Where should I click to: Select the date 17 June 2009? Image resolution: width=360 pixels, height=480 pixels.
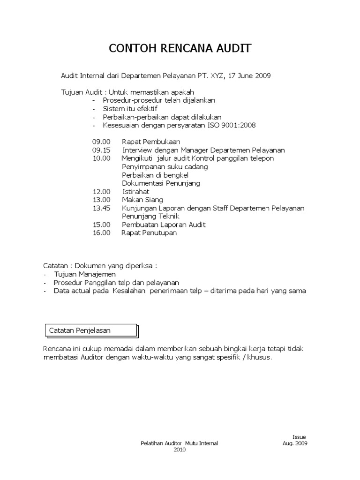pos(249,75)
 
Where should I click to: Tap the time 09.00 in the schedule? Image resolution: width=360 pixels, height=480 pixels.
pos(101,142)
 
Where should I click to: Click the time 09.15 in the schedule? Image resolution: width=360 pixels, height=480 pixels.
pos(101,150)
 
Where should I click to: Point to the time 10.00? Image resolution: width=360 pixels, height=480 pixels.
pos(101,158)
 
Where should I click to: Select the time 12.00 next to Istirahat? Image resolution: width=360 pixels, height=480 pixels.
pos(101,191)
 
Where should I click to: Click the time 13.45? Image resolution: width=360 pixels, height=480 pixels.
pos(101,208)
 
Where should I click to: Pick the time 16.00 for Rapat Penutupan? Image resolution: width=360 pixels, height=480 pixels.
pos(101,232)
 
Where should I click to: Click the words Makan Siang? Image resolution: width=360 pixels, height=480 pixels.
pos(142,200)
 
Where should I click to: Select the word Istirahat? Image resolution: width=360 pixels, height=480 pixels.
pos(136,191)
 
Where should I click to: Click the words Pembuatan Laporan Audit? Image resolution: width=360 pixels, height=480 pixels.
pos(164,225)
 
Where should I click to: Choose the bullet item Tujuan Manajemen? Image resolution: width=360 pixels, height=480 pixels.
pos(85,274)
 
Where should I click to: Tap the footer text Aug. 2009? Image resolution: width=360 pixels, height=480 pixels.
pos(295,443)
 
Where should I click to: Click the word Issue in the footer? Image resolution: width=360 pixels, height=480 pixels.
pos(299,436)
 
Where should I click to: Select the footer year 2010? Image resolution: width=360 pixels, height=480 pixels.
pos(180,449)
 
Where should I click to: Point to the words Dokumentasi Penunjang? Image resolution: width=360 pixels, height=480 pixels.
pos(161,183)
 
